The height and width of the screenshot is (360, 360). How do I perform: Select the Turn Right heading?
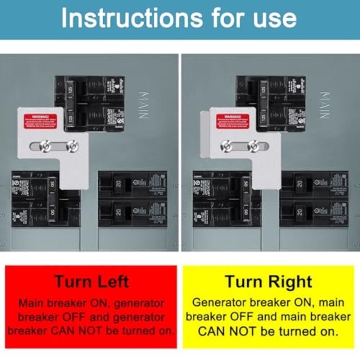pyautogui.click(x=268, y=281)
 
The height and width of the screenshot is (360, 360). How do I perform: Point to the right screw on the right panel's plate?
pyautogui.click(x=253, y=146)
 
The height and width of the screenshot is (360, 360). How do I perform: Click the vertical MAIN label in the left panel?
pyautogui.click(x=143, y=105)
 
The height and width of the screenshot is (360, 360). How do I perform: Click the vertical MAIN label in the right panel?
pyautogui.click(x=324, y=105)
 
